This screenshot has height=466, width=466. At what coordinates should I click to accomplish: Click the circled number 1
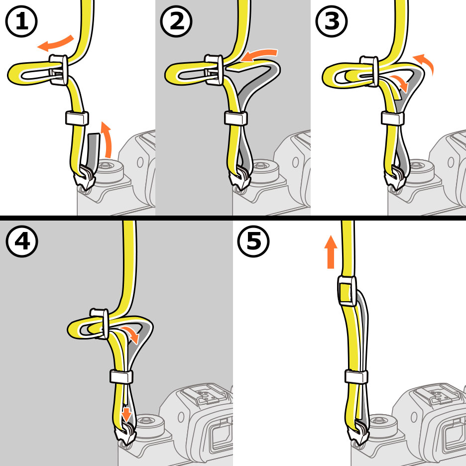click(x=21, y=22)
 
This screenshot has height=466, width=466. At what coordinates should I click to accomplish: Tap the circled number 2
click(x=176, y=22)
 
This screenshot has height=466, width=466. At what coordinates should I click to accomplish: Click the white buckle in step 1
click(x=60, y=69)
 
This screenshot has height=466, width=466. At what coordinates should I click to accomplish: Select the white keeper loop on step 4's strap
click(x=121, y=376)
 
